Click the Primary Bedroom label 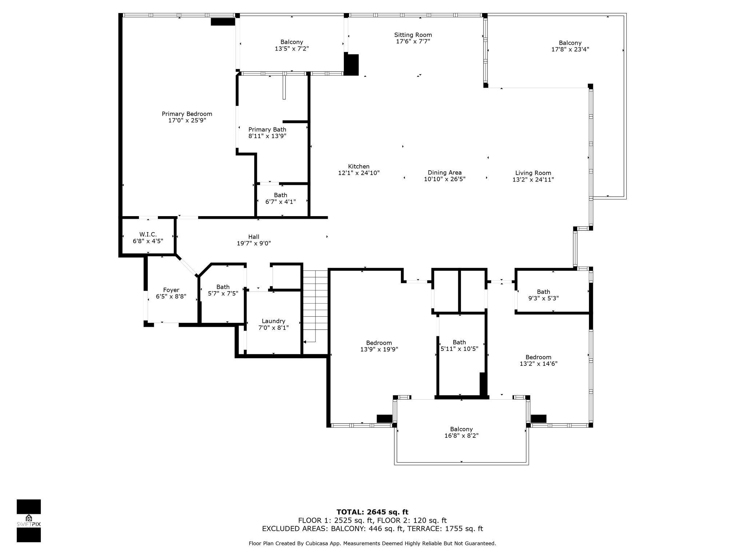(x=187, y=114)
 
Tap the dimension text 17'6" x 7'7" (x=413, y=41)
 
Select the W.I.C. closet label (x=148, y=234)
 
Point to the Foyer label (x=171, y=290)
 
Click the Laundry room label (x=273, y=321)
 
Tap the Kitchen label (x=359, y=166)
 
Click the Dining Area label (x=445, y=173)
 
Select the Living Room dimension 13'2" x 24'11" (x=533, y=179)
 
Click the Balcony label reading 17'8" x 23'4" (x=570, y=43)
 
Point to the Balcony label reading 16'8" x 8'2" (x=461, y=429)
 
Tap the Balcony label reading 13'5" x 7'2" (x=291, y=42)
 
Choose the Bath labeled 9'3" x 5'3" (x=543, y=292)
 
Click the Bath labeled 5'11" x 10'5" (x=459, y=342)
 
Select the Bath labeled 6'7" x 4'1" (x=280, y=195)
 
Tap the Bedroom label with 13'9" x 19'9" (x=379, y=343)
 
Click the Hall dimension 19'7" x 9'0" (x=254, y=243)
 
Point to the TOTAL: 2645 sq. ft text (x=372, y=512)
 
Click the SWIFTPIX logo (x=29, y=521)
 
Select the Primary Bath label (x=267, y=130)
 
